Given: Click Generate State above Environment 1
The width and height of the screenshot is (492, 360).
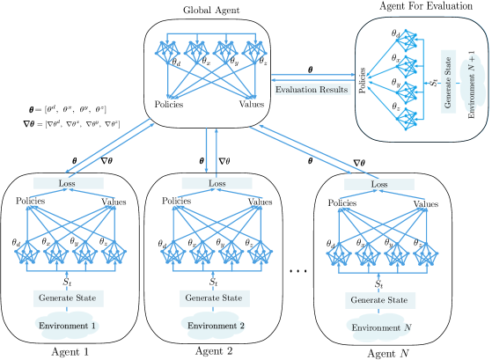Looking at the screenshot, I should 67,298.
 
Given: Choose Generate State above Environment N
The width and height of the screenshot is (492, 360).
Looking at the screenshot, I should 379,300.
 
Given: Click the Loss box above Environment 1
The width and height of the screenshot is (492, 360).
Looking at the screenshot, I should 68,183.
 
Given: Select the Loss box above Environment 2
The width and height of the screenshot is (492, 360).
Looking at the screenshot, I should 216,183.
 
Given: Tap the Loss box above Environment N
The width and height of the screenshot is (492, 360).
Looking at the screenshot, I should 378,185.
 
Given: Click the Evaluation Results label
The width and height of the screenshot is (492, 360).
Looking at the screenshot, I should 312,89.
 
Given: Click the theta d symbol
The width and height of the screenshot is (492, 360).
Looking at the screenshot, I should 397,34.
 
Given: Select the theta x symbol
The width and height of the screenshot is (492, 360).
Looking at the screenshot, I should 397,58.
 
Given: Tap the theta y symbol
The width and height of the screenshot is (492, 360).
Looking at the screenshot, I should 397,83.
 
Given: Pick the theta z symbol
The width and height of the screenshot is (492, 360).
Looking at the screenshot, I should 397,107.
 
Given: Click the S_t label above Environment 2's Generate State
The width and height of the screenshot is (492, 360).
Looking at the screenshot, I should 214,282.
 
